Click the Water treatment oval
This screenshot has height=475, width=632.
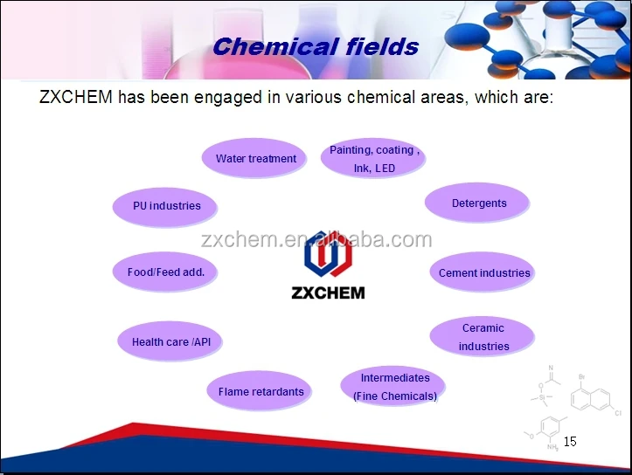point(253,158)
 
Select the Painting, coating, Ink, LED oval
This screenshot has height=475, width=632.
point(373,158)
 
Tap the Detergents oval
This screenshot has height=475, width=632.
point(477,203)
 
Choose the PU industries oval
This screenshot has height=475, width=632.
point(165,207)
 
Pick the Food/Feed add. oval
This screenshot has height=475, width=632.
point(165,272)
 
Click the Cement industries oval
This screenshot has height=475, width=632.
point(482,272)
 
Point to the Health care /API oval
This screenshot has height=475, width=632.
point(170,341)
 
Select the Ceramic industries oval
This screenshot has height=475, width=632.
point(482,336)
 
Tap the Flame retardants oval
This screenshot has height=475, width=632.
point(259,390)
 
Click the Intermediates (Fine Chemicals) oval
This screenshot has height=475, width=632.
point(393,386)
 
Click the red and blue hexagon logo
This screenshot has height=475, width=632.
point(328,253)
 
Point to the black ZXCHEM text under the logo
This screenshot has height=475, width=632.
point(328,293)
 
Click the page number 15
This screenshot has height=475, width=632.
point(570,442)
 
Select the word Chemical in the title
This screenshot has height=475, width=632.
point(275,46)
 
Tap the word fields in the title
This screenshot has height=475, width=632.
point(383,46)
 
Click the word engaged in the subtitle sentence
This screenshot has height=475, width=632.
point(228,98)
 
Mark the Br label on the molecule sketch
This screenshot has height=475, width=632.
point(581,377)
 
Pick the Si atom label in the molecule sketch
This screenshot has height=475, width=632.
point(542,397)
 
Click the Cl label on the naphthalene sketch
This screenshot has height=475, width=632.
point(618,413)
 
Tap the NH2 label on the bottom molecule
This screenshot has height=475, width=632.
point(552,447)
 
